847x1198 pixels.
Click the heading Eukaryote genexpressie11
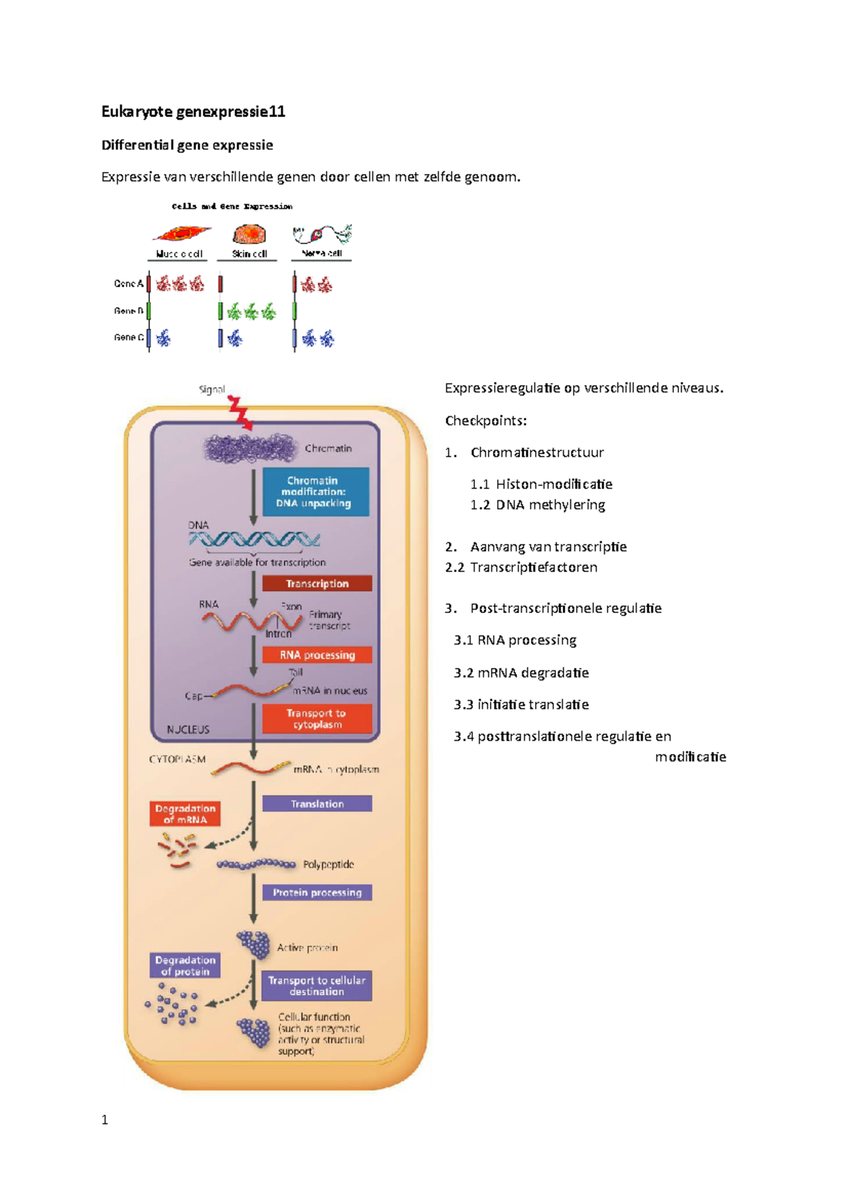coord(193,111)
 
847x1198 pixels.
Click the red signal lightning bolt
coord(240,413)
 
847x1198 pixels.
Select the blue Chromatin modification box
coord(316,492)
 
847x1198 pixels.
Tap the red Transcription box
coord(317,583)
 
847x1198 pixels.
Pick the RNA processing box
coord(317,655)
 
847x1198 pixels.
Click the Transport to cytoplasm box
coord(317,718)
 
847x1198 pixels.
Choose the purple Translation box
coord(317,804)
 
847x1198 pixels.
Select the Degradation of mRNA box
coord(185,813)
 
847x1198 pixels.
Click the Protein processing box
coord(317,893)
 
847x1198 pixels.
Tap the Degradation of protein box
coord(185,965)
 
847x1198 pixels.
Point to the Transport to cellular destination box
coord(316,986)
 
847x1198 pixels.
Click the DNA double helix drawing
coord(254,540)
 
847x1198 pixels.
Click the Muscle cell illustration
coord(181,234)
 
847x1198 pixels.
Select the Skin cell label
coord(249,254)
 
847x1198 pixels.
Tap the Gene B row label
coord(128,310)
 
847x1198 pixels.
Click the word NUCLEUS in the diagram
coord(188,730)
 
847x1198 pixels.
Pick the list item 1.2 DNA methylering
coord(538,504)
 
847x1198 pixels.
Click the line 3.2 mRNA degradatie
coord(521,672)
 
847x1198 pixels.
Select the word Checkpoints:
coord(486,420)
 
